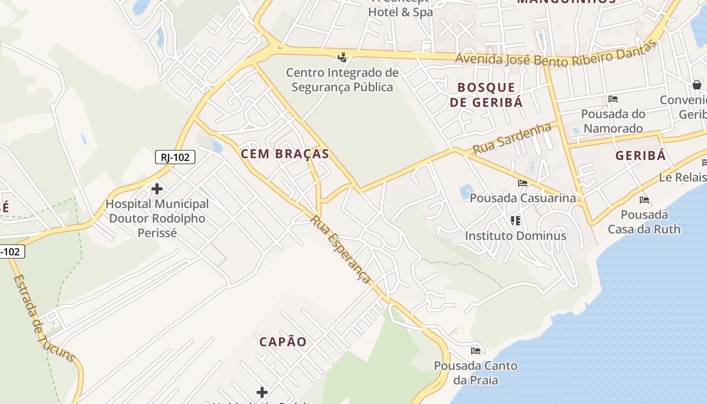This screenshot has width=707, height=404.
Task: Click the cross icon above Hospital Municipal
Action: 157,189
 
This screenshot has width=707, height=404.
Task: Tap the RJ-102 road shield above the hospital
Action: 175,157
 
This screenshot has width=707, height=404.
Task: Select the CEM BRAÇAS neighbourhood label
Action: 285,154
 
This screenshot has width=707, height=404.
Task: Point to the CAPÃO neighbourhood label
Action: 283,342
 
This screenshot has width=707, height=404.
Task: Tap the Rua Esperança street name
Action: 341,249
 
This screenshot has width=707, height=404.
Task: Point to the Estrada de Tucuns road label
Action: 44,319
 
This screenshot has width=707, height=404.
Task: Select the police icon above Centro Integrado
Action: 342,57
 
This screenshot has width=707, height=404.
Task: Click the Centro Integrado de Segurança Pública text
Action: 342,80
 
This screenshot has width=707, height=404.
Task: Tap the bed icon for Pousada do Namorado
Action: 613,99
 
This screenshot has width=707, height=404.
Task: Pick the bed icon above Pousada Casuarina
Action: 523,183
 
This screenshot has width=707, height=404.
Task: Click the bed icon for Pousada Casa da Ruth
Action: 644,200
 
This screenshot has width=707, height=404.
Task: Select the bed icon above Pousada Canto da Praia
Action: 476,350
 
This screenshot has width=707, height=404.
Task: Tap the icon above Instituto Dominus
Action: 515,221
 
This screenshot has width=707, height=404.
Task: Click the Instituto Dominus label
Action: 515,236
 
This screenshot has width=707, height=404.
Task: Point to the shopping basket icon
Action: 697,84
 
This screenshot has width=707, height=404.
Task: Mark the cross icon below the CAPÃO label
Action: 262,392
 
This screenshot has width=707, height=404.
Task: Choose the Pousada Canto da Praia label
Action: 476,373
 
